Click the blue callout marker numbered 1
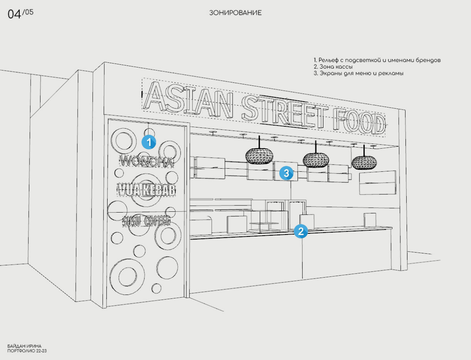point(149,142)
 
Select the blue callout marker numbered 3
point(286,173)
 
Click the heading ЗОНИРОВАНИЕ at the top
point(235,13)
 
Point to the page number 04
point(15,15)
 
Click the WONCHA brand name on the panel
point(146,161)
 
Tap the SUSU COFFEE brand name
point(146,221)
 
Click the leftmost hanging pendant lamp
point(259,155)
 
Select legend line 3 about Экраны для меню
point(359,73)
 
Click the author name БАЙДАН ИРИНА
point(24,346)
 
